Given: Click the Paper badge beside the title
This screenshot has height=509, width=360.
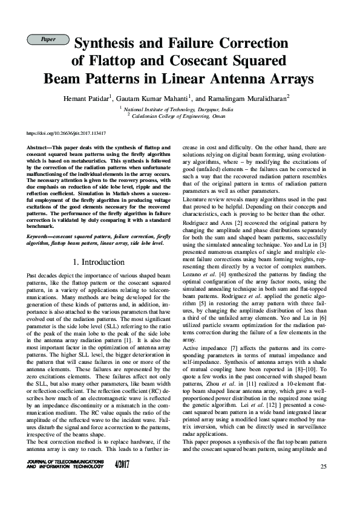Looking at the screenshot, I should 48,40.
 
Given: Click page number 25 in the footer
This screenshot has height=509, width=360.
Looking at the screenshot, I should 323,467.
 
